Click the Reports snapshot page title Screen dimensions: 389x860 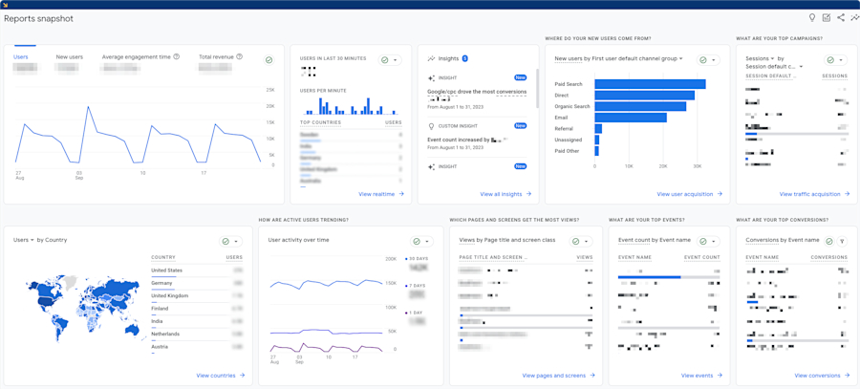point(38,19)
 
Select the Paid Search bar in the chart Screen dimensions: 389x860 point(650,84)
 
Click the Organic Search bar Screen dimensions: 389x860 point(640,106)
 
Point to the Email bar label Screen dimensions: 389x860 point(561,118)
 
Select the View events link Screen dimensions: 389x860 point(697,376)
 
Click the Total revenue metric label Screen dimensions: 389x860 point(216,57)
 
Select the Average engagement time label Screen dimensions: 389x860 point(136,57)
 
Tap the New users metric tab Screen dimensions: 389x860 point(69,57)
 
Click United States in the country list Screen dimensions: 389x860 point(166,270)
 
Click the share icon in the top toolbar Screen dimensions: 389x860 point(841,18)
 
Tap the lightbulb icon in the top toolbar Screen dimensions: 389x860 point(812,18)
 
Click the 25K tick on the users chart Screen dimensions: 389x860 point(270,90)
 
